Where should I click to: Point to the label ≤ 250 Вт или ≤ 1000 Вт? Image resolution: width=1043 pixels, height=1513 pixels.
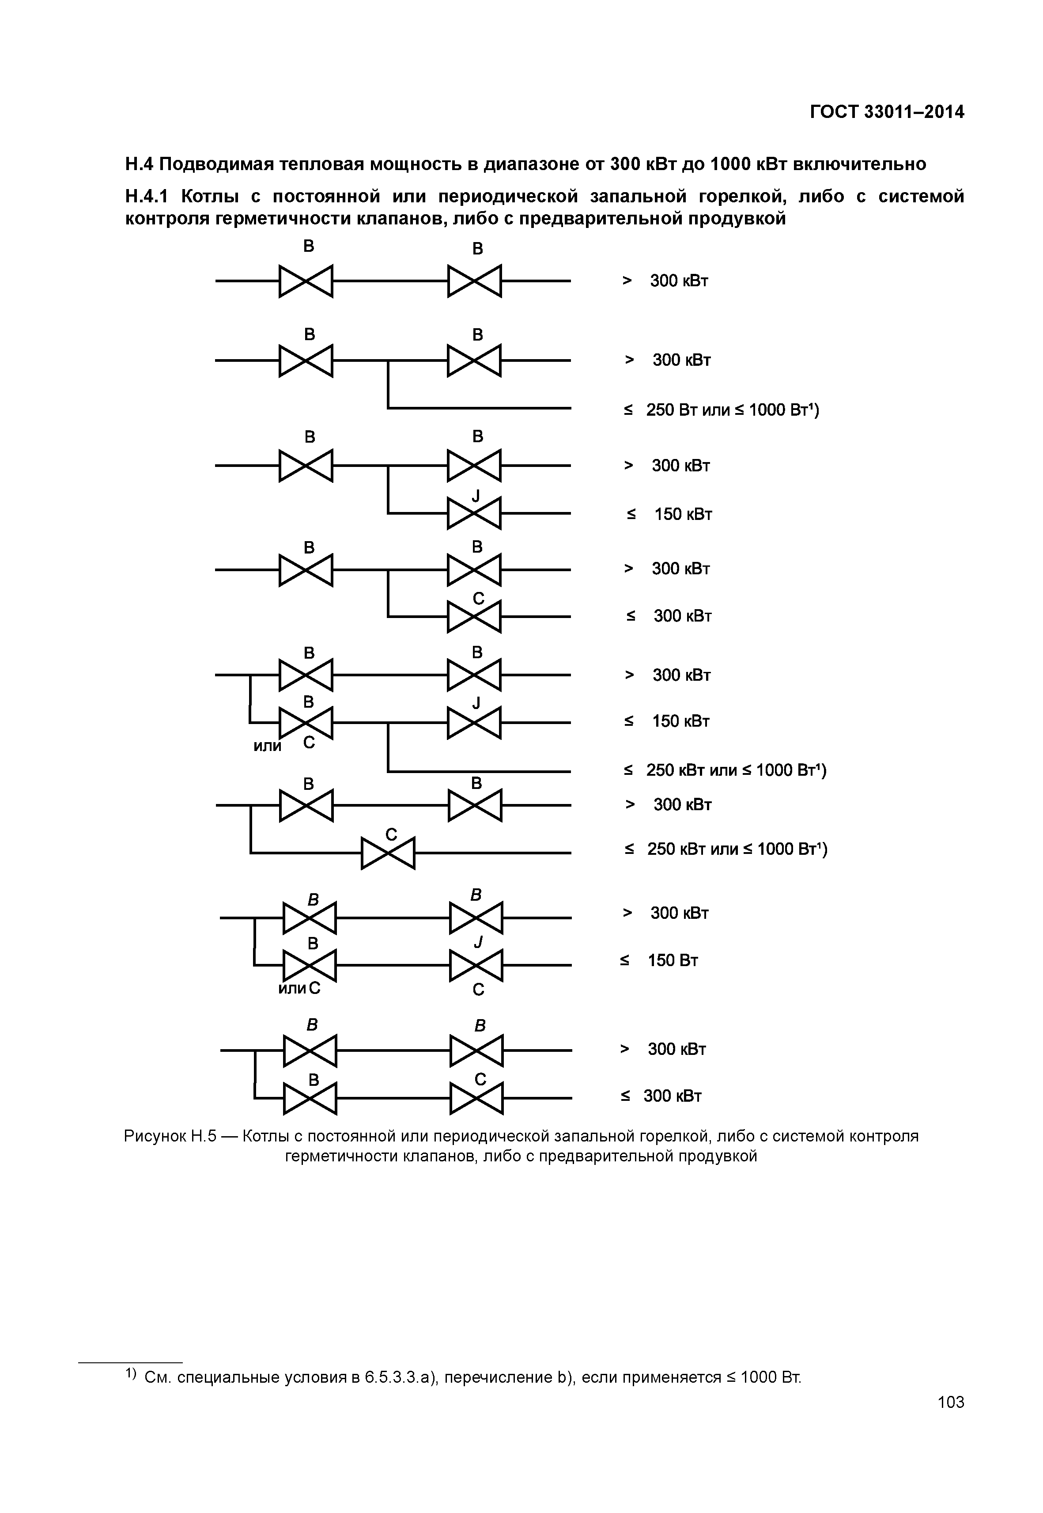click(x=722, y=410)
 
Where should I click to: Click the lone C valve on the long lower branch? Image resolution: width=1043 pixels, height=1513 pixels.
click(x=388, y=853)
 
